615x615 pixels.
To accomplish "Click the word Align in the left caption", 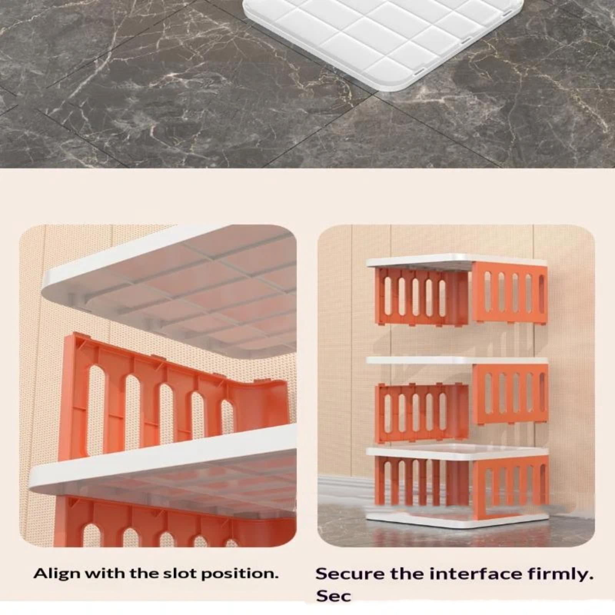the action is coord(57,574).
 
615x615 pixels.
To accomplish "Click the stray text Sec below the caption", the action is coord(334,596).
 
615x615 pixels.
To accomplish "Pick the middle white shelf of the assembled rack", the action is coord(457,360).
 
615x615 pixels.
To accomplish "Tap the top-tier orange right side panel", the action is coord(509,291).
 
